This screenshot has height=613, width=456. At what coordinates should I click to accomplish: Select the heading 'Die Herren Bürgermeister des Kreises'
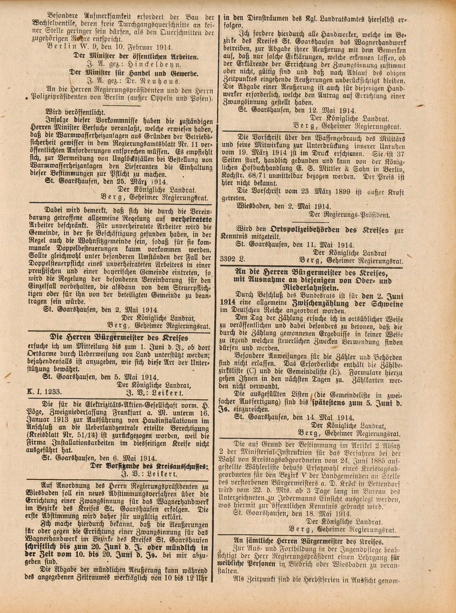[119, 338]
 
